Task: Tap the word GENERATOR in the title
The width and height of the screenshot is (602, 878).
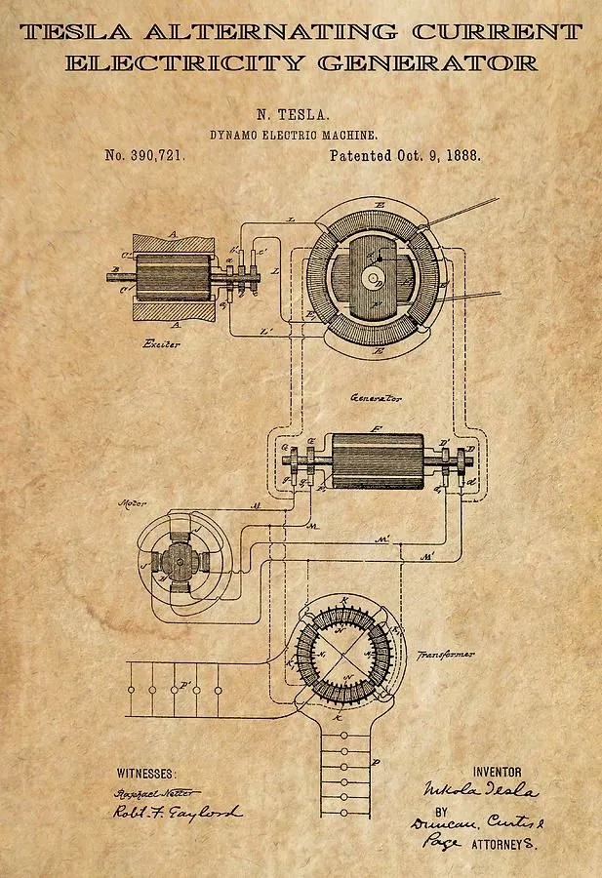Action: click(427, 64)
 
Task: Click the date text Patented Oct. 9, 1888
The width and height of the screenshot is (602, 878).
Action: click(404, 155)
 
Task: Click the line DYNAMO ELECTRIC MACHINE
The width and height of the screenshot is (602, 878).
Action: click(294, 136)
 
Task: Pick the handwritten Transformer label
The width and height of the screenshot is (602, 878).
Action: click(446, 655)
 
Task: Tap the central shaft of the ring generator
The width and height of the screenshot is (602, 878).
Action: click(373, 278)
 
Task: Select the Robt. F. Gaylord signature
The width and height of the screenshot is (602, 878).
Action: click(176, 813)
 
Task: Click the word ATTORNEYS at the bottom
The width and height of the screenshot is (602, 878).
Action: click(504, 841)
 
